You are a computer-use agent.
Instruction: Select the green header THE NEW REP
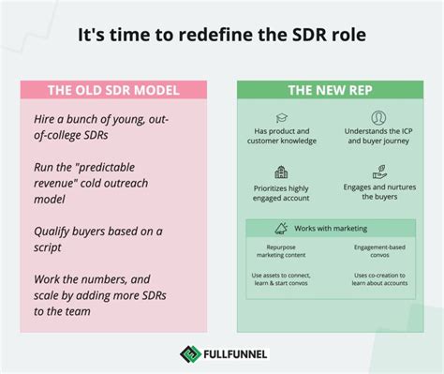[x=331, y=91]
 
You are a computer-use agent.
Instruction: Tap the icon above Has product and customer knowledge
[x=284, y=118]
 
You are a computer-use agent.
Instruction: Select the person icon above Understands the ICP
[x=377, y=118]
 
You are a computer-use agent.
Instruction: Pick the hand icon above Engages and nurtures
[x=379, y=172]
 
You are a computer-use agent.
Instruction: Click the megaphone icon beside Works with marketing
[x=282, y=228]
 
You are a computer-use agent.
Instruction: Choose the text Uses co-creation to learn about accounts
[x=379, y=278]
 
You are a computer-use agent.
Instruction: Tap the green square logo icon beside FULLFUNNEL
[x=187, y=354]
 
